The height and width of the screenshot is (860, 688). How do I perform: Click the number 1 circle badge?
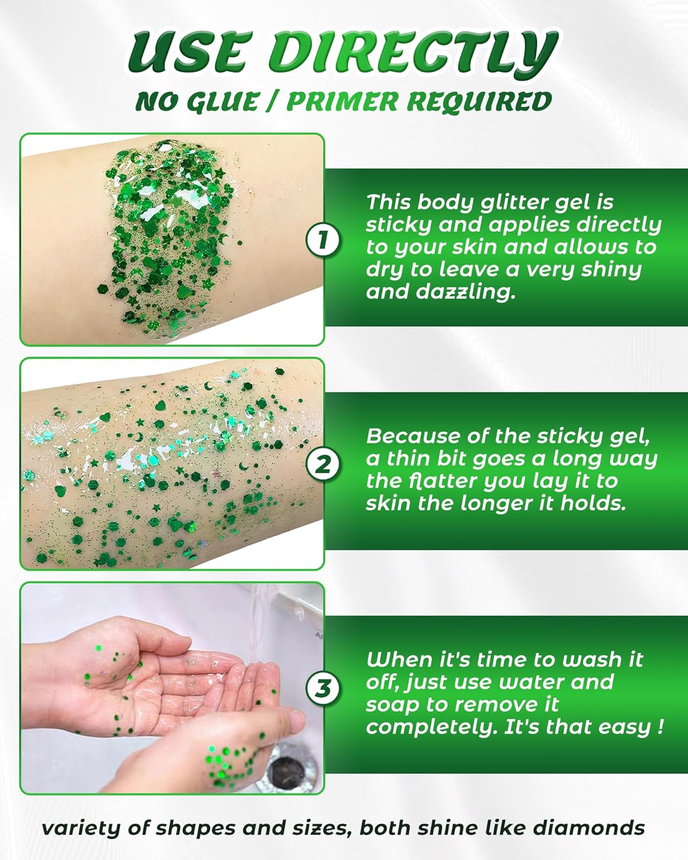coord(323,240)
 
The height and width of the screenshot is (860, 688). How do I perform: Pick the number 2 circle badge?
coord(323,464)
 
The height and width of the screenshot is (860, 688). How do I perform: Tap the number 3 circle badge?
coord(323,687)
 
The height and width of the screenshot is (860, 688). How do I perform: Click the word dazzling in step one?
coord(441,292)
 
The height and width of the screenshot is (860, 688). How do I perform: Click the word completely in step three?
coord(432,728)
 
